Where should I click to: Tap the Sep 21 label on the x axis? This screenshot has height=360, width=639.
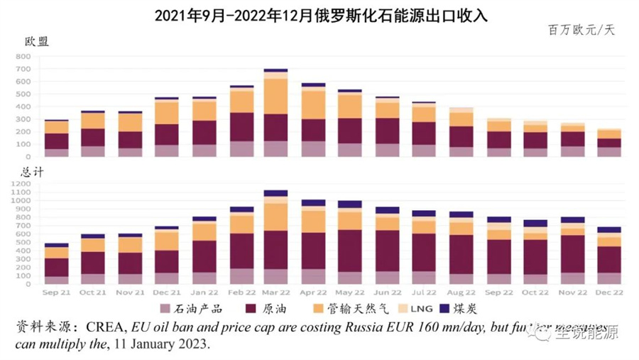coord(56,292)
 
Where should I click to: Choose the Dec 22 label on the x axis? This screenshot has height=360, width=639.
coord(609,292)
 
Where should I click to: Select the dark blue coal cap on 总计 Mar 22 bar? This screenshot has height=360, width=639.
coord(275,193)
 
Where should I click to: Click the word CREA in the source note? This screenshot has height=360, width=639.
coord(108,327)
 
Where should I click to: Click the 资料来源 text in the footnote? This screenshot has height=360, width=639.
coord(43,327)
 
